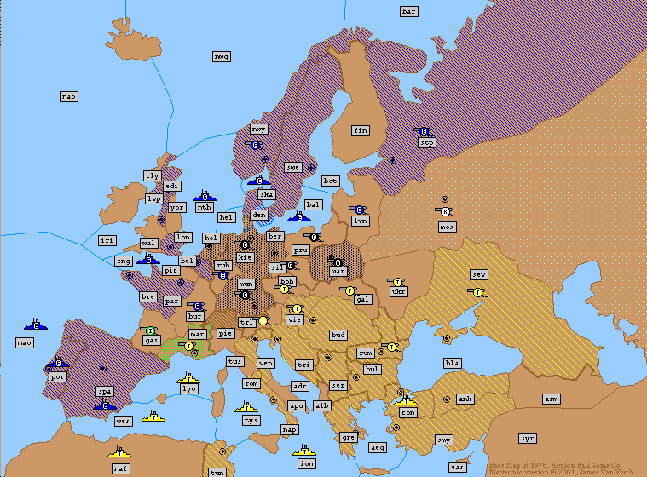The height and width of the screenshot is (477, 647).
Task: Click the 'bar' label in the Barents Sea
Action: [x=409, y=11]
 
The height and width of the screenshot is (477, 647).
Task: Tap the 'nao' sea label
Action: [x=69, y=96]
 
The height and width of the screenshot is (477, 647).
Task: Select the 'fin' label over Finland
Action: [x=361, y=130]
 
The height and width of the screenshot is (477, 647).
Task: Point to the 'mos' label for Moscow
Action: [x=448, y=227]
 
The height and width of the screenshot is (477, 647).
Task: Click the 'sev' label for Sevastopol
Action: [x=479, y=274]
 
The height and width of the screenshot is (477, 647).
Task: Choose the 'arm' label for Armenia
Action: [x=552, y=399]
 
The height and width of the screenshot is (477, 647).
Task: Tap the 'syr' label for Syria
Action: [x=528, y=437]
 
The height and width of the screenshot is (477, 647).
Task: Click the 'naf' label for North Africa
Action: [x=121, y=468]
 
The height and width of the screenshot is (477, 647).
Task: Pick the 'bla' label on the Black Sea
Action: [x=452, y=363]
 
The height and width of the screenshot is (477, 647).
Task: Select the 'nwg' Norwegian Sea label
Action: [x=222, y=56]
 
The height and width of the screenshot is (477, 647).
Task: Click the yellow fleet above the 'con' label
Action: [x=406, y=399]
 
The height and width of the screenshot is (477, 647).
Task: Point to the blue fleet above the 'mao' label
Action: [x=36, y=324]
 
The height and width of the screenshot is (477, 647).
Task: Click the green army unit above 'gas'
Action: [x=151, y=330]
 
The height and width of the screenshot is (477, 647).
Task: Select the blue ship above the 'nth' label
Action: [x=204, y=195]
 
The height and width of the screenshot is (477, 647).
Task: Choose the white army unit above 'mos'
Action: [x=445, y=211]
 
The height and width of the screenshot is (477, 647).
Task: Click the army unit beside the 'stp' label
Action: [x=423, y=131]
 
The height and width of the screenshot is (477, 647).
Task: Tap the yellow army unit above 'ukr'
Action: [x=396, y=280]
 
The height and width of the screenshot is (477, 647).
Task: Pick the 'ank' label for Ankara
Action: [x=465, y=399]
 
